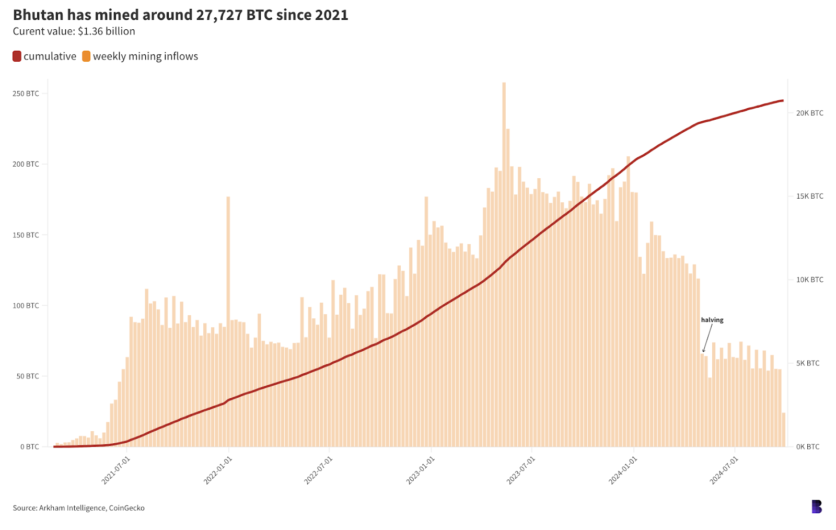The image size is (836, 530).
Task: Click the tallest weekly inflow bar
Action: pos(504,261)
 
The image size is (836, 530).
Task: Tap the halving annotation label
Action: pos(712,320)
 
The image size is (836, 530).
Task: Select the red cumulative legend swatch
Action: pos(17,56)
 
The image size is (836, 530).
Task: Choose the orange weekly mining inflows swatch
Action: pos(86,56)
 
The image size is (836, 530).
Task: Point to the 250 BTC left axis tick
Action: pos(26,94)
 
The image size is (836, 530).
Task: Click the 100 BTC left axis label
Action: pos(26,306)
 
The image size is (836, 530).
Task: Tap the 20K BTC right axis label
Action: pos(809,113)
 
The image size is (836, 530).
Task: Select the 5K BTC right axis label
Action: pos(808,363)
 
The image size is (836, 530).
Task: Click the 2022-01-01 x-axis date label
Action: pos(218,470)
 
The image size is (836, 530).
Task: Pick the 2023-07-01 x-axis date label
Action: pos(521,470)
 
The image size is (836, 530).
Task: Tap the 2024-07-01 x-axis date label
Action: pos(724,470)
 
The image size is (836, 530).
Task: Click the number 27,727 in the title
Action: pos(219,15)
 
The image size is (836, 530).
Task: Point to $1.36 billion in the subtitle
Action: pos(107,31)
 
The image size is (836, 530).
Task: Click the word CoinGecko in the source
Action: pos(126,508)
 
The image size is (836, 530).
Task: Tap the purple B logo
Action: pos(817,506)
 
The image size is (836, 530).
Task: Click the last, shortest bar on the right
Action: pos(784,430)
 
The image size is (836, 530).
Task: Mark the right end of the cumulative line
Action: pos(782,100)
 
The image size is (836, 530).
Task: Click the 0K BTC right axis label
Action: pos(808,447)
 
